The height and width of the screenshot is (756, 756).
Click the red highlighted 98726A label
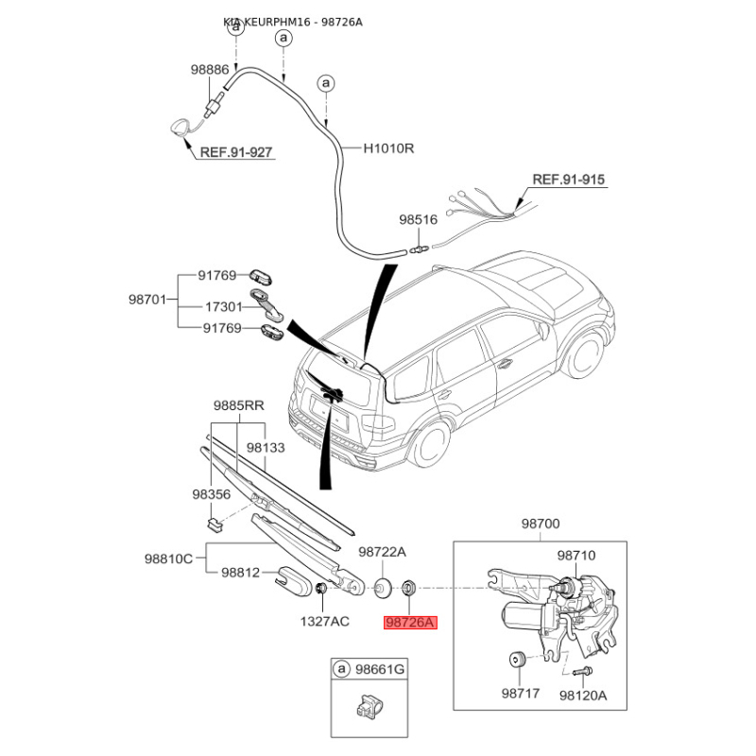pyautogui.click(x=410, y=623)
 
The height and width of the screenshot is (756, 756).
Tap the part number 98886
pyautogui.click(x=209, y=69)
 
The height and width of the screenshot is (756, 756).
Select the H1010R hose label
pyautogui.click(x=390, y=148)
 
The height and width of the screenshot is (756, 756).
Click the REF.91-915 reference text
pyautogui.click(x=568, y=179)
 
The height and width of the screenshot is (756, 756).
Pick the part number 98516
pyautogui.click(x=418, y=219)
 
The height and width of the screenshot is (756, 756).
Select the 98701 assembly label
pyautogui.click(x=148, y=300)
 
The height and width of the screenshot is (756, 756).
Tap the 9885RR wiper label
pyautogui.click(x=238, y=405)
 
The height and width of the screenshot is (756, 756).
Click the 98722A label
pyautogui.click(x=382, y=551)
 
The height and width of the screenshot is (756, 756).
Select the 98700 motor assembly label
pyautogui.click(x=541, y=523)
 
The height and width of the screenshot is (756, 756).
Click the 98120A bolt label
pyautogui.click(x=582, y=694)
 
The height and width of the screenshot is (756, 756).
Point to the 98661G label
pyautogui.click(x=379, y=670)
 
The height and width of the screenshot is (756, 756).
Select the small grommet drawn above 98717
pyautogui.click(x=518, y=660)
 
